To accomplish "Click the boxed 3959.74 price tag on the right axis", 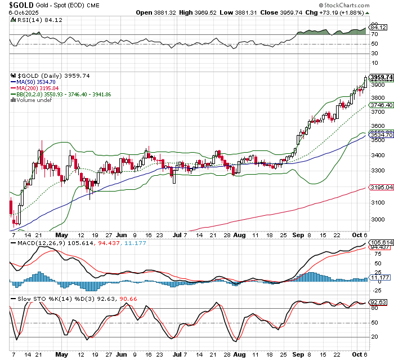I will click(382, 77).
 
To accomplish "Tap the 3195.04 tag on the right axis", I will click(381, 186).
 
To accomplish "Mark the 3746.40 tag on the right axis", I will click(381, 105).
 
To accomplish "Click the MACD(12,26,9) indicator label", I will click(33, 243).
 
